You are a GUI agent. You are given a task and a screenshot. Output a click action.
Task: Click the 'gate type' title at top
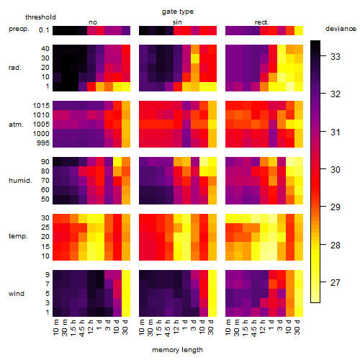178,12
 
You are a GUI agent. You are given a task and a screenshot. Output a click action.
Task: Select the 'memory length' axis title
177,350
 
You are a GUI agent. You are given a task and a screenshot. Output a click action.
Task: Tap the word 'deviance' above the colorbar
341,29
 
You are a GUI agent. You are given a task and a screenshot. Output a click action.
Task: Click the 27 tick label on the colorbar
336,283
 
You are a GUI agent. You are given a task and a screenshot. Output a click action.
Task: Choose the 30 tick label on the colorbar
336,170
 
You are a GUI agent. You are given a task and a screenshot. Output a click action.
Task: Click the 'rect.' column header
262,22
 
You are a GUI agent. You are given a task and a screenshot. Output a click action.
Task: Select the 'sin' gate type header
177,22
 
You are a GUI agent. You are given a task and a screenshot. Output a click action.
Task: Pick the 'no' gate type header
93,22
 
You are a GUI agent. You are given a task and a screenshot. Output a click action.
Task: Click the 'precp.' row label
19,29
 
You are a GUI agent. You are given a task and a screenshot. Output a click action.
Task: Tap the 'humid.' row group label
20,181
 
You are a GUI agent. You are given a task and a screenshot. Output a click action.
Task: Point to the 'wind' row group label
17,294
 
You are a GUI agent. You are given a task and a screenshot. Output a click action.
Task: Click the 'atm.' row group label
16,125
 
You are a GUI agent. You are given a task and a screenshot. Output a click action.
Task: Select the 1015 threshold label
41,106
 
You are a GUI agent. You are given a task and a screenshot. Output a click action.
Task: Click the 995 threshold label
43,143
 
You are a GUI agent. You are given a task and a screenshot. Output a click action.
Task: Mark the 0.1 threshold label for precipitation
44,30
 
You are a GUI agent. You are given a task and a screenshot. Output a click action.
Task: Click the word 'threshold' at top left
40,17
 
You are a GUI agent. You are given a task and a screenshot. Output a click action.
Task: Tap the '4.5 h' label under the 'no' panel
81,328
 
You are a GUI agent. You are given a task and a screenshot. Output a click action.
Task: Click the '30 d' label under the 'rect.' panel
297,327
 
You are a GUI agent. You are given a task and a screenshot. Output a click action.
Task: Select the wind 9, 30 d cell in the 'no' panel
126,274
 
